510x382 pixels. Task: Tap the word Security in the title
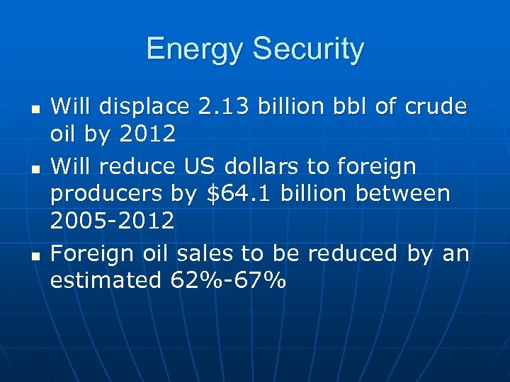pos(308,49)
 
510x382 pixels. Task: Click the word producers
pos(104,193)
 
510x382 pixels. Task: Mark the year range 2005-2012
pos(112,221)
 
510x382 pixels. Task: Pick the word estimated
pos(106,280)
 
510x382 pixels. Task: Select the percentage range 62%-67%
pos(229,280)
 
